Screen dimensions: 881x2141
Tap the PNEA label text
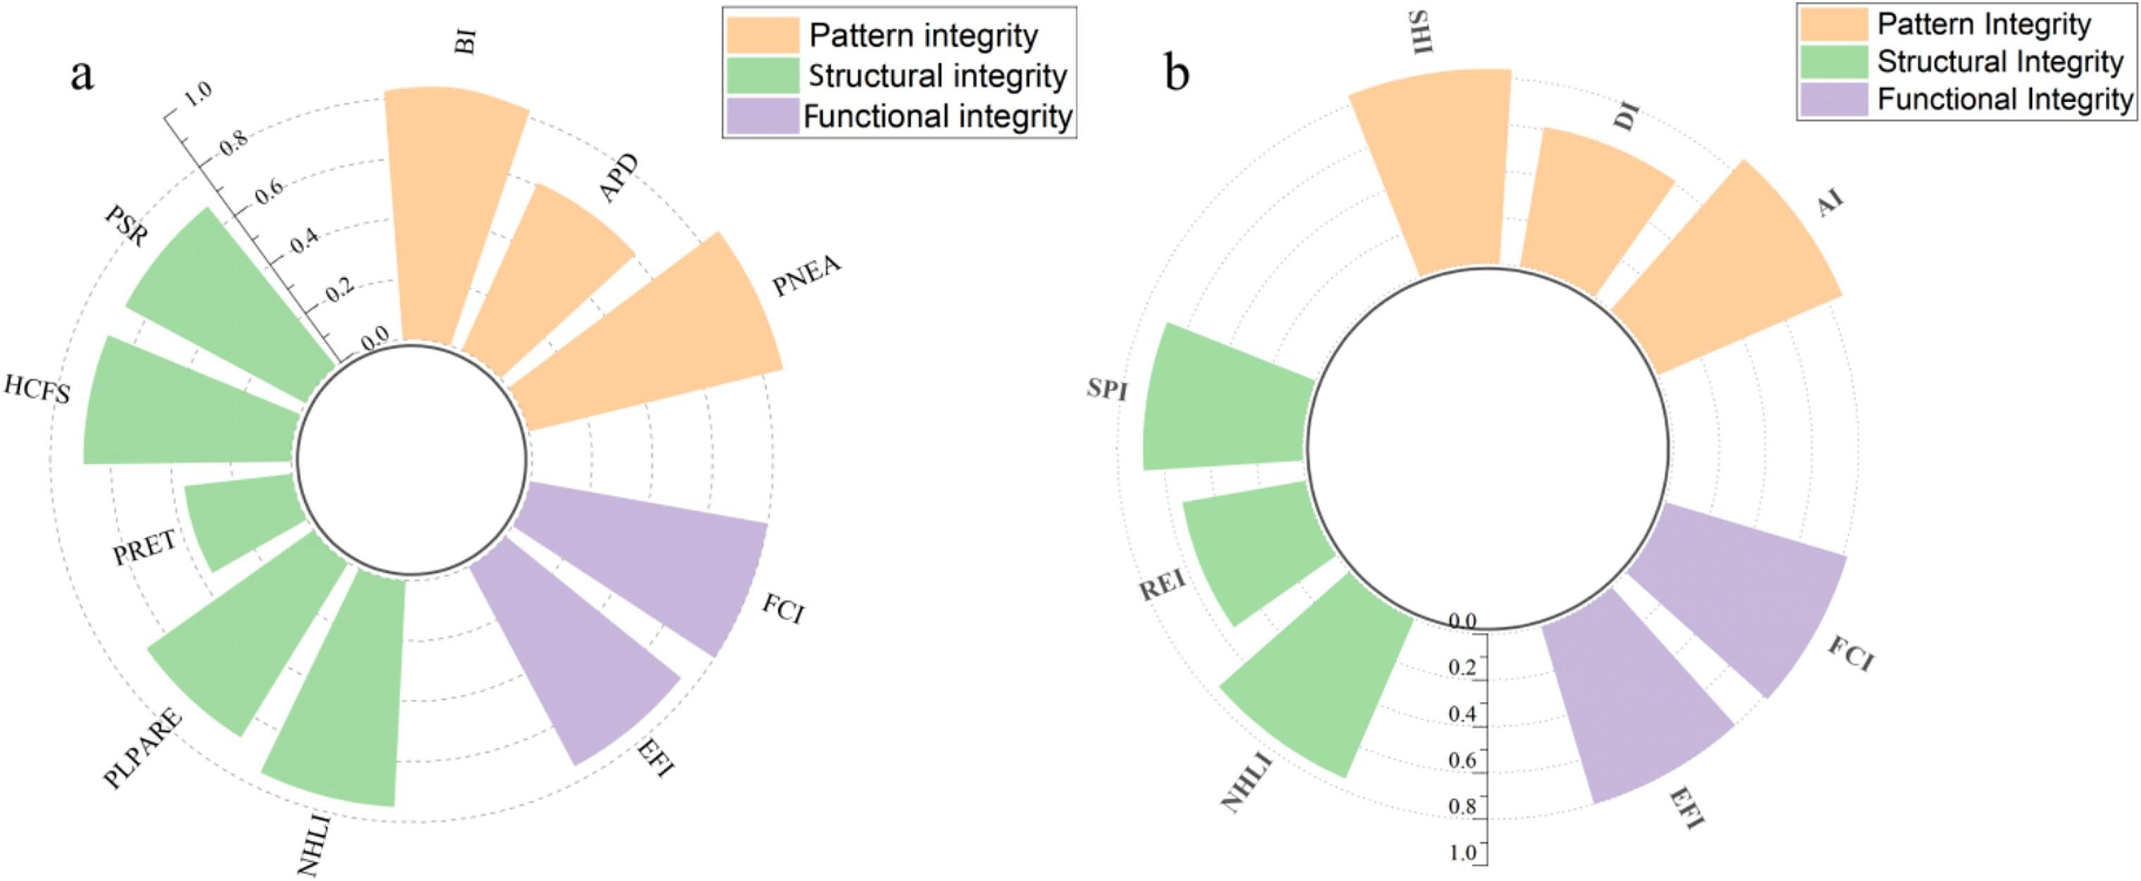(806, 277)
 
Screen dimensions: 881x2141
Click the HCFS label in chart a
(37, 389)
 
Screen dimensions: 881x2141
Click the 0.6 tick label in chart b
(1462, 760)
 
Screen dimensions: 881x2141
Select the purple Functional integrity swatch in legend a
(762, 116)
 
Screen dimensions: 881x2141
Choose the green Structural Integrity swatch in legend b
(1833, 61)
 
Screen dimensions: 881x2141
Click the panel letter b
(1177, 73)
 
